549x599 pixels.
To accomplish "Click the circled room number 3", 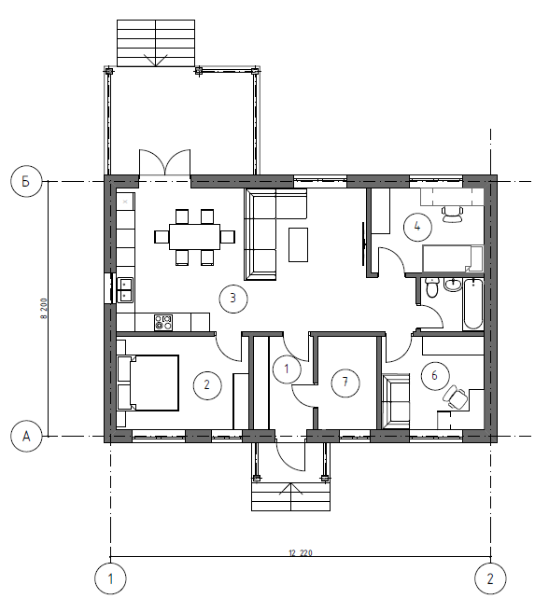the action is coord(233,299).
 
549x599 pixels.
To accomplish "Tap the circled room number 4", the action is coord(417,227).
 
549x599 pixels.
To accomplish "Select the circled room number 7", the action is coord(345,382).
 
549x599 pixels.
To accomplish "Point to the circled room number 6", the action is coord(435,375).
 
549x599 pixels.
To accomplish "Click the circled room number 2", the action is coord(207,385).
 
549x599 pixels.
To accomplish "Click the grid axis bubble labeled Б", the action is coord(25,181).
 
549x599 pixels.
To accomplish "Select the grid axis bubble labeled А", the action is coord(26,436).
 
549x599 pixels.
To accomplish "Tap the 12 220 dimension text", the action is coord(300,552).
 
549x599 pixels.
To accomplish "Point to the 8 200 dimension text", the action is coord(44,309).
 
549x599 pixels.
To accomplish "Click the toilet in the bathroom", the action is coord(431,288).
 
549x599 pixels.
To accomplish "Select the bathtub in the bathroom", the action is coord(473,304).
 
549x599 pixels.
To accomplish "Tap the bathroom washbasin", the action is coord(453,285).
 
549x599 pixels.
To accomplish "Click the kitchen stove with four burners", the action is coord(163,323).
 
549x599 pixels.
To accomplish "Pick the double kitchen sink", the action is coord(124,290).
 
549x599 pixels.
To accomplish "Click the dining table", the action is coord(195,237).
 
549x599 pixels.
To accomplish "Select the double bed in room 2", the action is coord(148,383).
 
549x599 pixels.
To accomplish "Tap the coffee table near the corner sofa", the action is coord(298,244).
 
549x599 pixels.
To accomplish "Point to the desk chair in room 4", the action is coord(452,215).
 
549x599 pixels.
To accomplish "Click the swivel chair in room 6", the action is coord(455,397).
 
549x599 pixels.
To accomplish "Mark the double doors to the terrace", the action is coord(164,162).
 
